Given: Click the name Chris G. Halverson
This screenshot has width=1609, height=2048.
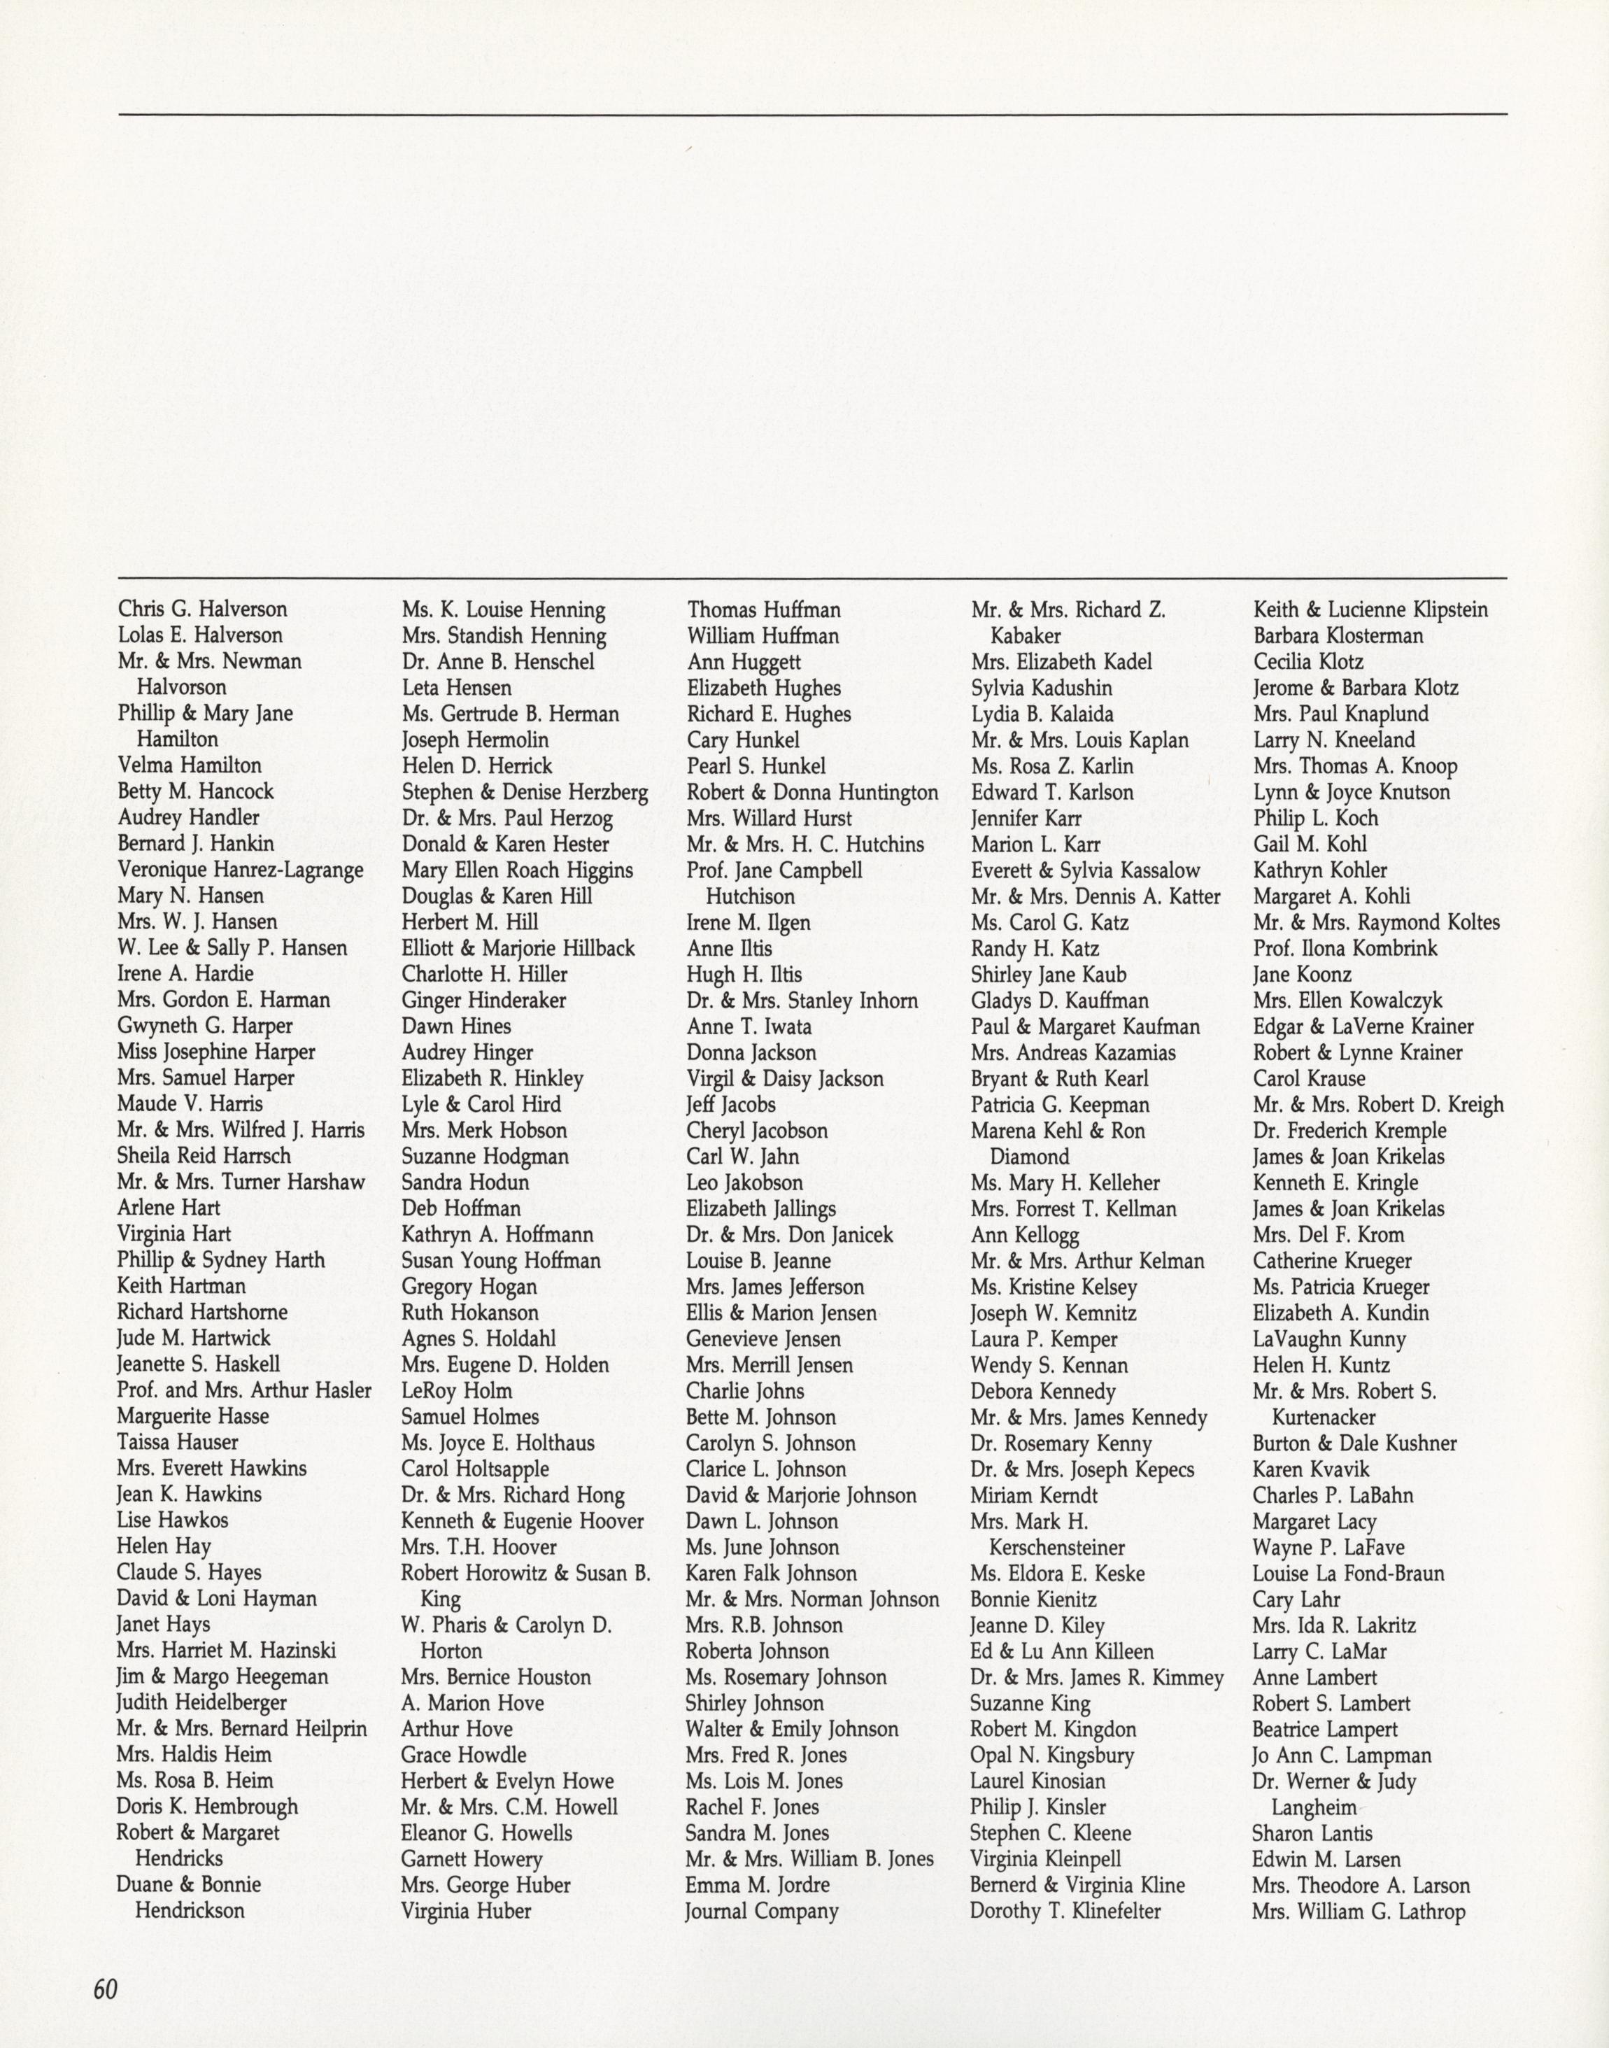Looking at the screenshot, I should coord(203,609).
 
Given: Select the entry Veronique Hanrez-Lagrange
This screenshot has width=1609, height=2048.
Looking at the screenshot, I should coord(240,870).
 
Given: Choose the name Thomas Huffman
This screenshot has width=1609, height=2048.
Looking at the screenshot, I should coord(763,610).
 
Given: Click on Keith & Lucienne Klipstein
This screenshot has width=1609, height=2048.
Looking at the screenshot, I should coord(1370,609).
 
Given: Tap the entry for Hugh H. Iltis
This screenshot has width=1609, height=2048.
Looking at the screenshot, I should coord(744,974).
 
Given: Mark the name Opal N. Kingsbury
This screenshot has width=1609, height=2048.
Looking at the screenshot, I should coord(1052,1755).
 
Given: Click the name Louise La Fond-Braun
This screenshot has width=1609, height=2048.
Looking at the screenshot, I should coord(1348,1572).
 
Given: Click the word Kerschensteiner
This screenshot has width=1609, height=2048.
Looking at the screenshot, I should coord(1057,1547).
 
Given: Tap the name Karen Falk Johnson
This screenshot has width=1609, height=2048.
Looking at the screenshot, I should coord(772,1572).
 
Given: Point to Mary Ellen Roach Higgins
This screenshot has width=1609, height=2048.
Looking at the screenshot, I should coord(517,870).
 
